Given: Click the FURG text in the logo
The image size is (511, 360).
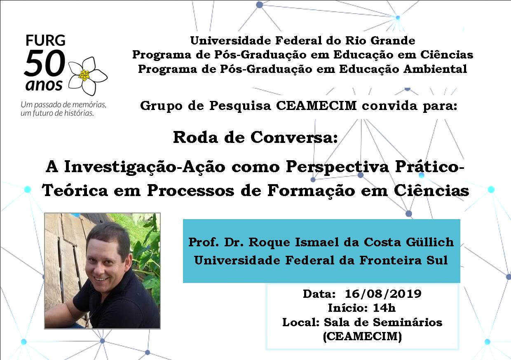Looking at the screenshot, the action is point(46,40).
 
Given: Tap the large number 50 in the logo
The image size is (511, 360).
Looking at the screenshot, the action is point(45,63).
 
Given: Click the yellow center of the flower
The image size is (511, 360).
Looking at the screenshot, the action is point(84,75).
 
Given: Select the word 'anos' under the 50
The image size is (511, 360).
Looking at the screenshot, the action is point(44,85).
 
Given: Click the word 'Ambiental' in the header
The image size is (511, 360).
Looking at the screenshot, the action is point(435,69).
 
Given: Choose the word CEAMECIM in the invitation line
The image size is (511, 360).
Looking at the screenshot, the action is point(316,105).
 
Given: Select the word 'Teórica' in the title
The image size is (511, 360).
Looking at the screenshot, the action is point(75,191).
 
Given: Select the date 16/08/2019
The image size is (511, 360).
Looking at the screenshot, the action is point(383,294).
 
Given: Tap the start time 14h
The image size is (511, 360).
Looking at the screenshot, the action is point(384,308).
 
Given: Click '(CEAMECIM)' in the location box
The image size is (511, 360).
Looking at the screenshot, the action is point(363,336).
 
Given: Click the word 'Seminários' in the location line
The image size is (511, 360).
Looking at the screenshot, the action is point(409,322).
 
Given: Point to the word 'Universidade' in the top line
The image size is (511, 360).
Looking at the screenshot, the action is point(231,41).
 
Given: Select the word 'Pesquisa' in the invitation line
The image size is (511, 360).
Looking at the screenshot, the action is point(240,106).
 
